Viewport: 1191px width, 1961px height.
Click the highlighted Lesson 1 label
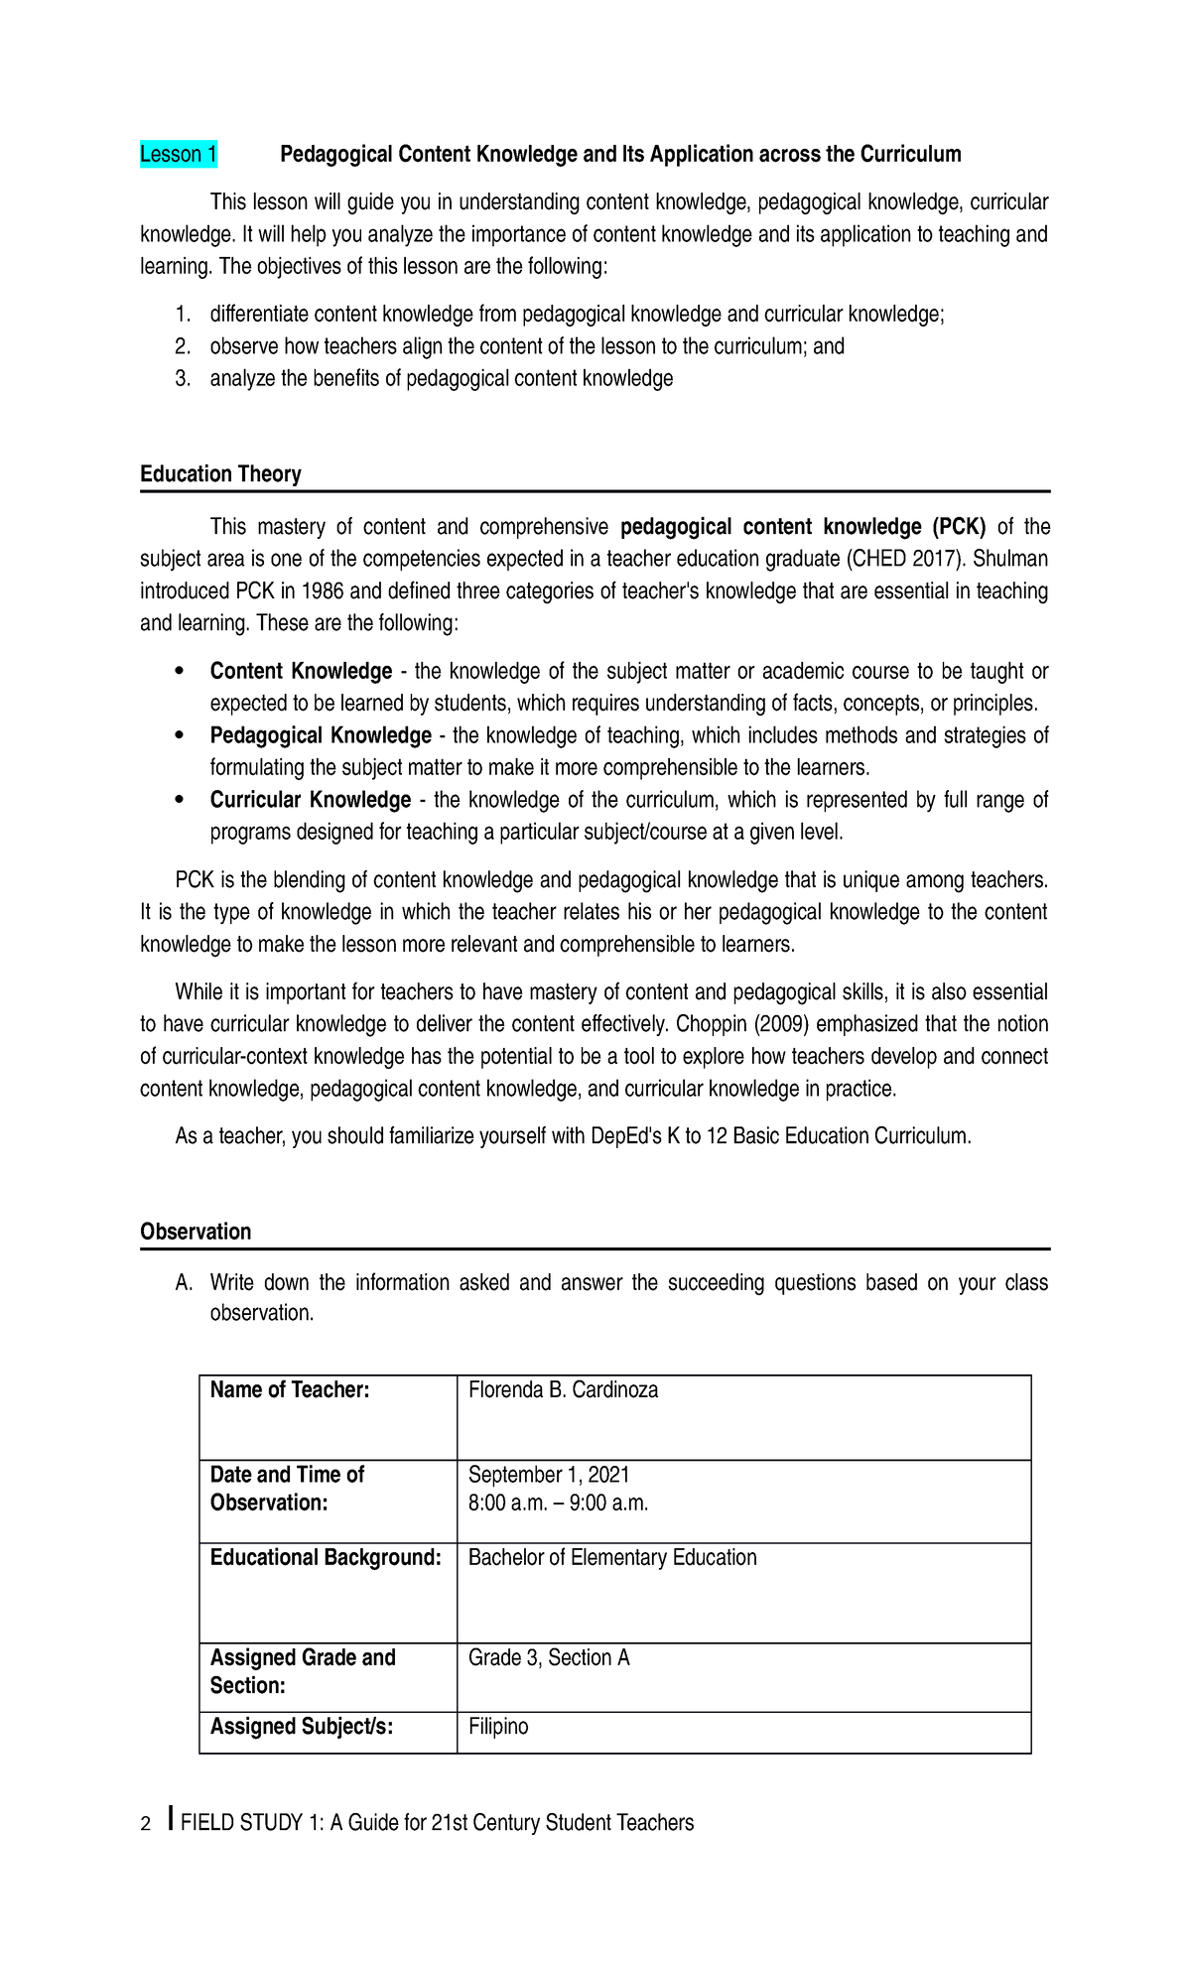(179, 155)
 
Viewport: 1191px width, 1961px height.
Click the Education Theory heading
(220, 474)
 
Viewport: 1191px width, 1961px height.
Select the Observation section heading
(196, 1232)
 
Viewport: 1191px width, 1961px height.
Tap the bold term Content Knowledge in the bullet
(301, 672)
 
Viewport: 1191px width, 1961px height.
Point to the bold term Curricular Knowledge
(310, 800)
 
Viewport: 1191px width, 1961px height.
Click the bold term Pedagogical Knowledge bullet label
(320, 735)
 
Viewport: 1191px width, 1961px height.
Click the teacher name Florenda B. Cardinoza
(563, 1390)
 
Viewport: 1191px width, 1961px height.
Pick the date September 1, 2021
(549, 1475)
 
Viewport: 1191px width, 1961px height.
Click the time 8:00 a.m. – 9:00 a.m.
(558, 1503)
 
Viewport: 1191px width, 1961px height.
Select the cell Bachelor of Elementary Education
(611, 1558)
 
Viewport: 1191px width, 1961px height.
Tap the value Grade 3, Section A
(549, 1658)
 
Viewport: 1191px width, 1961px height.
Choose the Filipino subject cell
(498, 1727)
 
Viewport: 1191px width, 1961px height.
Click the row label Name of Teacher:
(289, 1390)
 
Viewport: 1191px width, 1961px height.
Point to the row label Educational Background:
(326, 1558)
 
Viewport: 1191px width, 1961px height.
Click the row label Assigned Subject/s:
(302, 1727)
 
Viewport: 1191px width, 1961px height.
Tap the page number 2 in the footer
(146, 1824)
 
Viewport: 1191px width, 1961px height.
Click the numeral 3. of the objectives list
(182, 378)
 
